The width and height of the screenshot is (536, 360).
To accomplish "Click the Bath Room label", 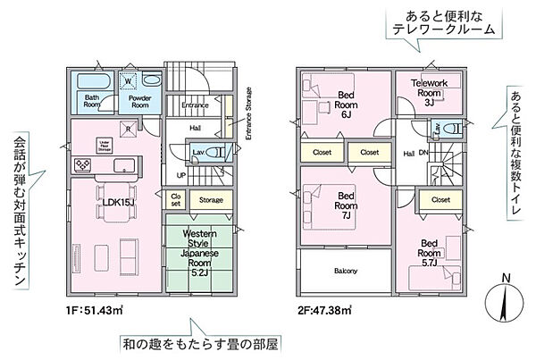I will click(92, 100).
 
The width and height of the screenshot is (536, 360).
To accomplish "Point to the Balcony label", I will click(346, 271).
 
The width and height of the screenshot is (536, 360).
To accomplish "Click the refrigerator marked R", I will click(131, 130).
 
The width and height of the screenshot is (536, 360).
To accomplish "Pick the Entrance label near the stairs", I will click(195, 105).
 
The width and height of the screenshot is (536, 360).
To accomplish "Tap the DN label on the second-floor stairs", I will click(423, 154).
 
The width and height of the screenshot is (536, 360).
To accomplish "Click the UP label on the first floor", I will click(180, 174).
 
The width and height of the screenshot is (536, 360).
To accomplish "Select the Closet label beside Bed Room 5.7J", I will click(440, 200).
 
